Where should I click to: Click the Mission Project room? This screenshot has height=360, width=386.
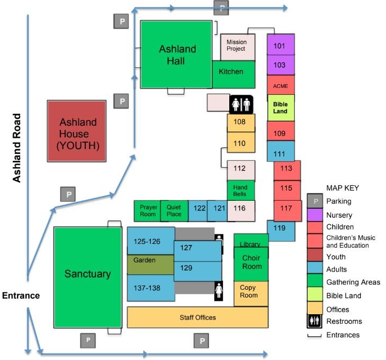point(238,47)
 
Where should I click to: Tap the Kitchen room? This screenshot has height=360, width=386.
point(234,74)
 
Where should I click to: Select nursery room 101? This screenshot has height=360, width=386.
point(280,45)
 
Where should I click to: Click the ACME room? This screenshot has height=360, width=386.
point(280,85)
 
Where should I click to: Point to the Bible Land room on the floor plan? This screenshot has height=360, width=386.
point(281,108)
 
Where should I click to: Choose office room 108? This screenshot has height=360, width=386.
point(241,122)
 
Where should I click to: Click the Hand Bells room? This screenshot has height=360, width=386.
point(241,191)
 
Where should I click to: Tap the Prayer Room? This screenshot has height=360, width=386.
point(147,211)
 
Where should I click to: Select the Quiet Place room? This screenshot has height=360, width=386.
point(174,211)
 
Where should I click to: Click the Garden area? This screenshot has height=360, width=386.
point(151,265)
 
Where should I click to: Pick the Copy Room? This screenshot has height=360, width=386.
point(251,294)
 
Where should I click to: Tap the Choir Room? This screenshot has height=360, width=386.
point(251,264)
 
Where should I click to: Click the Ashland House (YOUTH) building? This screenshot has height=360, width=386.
point(77,131)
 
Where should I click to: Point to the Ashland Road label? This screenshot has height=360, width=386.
point(17,148)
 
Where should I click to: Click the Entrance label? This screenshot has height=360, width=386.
point(21,296)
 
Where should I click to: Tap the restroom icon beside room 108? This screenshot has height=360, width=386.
point(241,104)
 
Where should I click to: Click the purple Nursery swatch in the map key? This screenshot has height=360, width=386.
point(315,215)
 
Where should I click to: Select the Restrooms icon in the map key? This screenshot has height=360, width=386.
point(315,321)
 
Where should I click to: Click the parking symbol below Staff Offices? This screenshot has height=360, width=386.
point(202,341)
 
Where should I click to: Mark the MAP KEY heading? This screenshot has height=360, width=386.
point(342,188)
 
